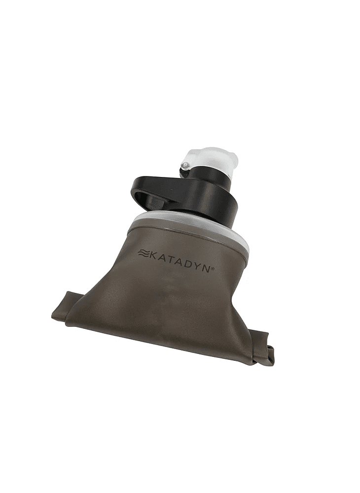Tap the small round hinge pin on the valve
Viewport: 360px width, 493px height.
click(186, 165)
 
